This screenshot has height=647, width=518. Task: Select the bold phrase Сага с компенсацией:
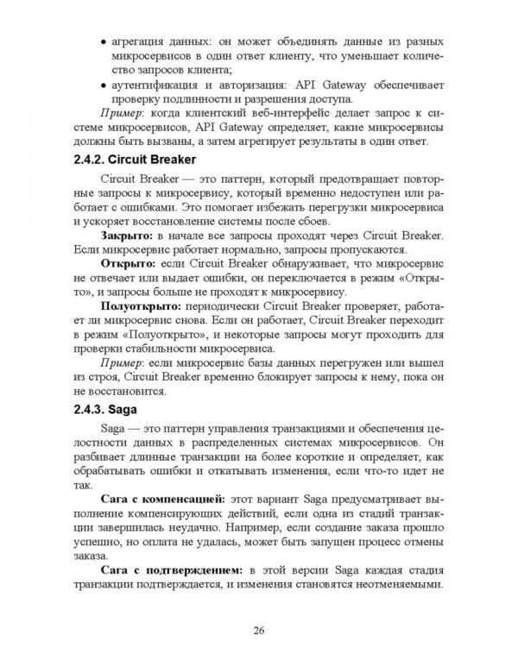pos(162,498)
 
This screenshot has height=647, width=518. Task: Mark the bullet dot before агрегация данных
pos(104,42)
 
